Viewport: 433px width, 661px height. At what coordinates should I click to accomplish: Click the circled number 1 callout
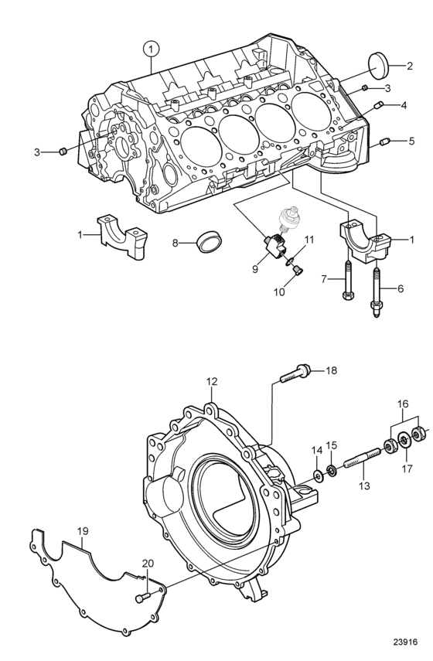coord(151,49)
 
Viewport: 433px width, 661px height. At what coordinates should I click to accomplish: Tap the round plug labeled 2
coord(378,65)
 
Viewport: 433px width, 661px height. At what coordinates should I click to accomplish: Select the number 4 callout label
coord(404,105)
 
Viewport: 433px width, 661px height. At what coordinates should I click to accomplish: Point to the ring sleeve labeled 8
coord(209,244)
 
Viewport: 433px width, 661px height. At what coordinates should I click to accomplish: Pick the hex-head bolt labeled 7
coord(348,281)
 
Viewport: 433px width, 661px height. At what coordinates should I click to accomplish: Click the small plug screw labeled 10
coord(298,271)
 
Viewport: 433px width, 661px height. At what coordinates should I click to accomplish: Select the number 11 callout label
coord(309,240)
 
